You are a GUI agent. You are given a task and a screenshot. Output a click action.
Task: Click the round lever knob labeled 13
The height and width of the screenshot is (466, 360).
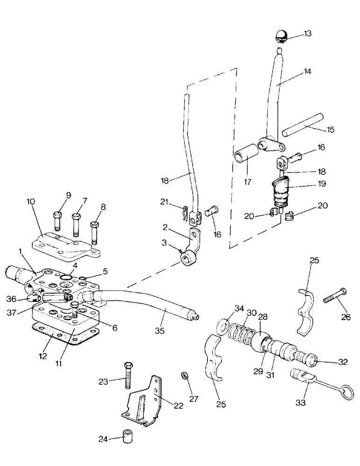point(281,35)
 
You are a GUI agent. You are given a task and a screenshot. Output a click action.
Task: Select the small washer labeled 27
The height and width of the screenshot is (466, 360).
point(185,376)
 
